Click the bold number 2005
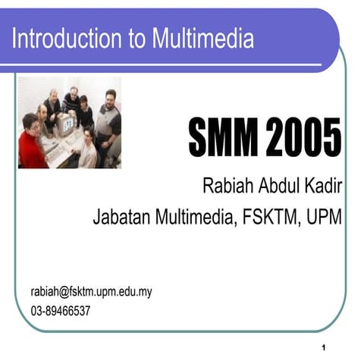click(x=304, y=138)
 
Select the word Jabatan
click(x=121, y=218)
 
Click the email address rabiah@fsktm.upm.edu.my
click(x=91, y=291)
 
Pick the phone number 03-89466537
click(x=61, y=310)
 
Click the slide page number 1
click(x=324, y=348)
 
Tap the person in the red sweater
click(x=31, y=144)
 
